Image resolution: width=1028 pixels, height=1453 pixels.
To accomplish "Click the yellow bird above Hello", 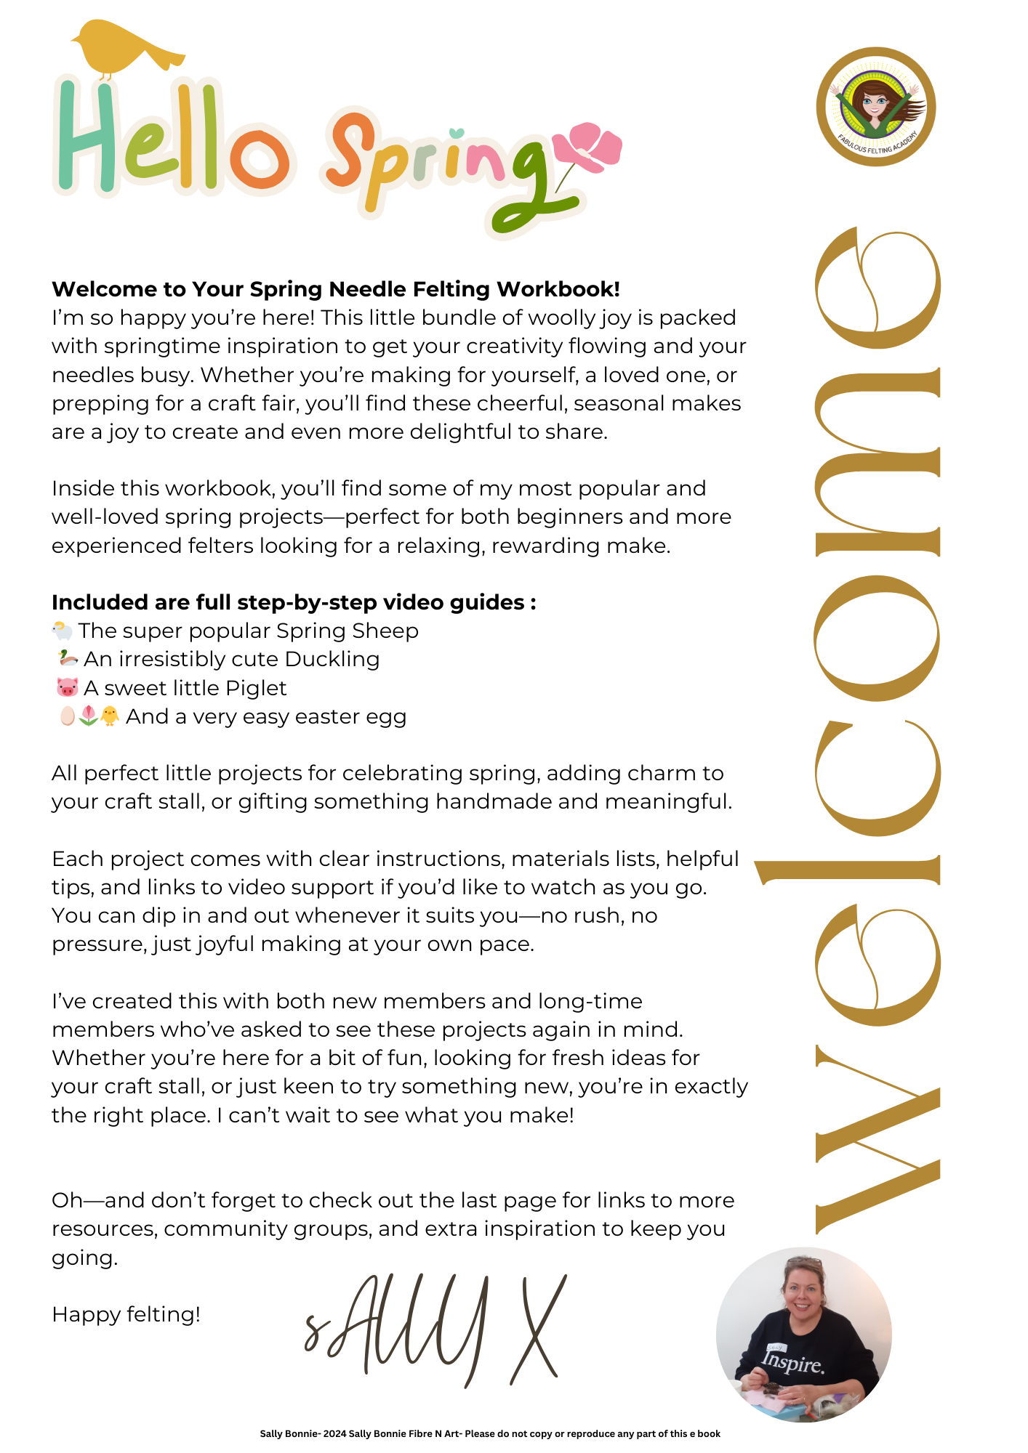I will tap(124, 48).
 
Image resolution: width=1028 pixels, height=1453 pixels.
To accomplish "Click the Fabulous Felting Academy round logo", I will tap(876, 107).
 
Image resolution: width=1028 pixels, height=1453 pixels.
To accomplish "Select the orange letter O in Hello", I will tap(259, 157).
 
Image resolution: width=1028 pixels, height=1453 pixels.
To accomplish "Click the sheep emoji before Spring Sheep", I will tap(63, 631).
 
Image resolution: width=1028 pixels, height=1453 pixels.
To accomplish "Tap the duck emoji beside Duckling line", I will tap(68, 659).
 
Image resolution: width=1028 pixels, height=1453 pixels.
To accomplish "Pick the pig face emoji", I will tap(67, 687).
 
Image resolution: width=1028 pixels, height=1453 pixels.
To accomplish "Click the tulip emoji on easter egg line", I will tap(88, 716).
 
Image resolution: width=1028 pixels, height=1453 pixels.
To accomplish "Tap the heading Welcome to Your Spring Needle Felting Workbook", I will tap(336, 289).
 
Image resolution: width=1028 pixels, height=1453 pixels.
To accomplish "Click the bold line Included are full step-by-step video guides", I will tap(294, 602).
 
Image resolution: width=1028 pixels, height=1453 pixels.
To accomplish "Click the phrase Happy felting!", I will tap(126, 1314).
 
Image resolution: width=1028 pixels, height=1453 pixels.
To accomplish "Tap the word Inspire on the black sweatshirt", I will tap(793, 1360).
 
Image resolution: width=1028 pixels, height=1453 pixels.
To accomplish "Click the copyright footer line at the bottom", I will tap(490, 1433).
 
